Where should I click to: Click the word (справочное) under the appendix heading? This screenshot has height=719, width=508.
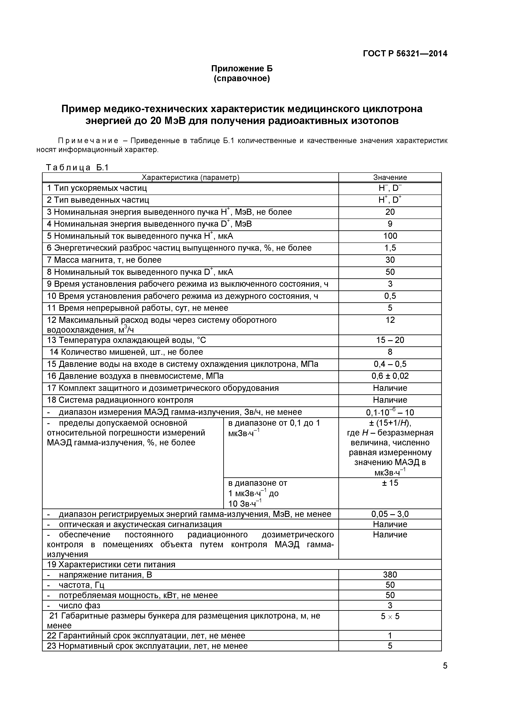(242, 78)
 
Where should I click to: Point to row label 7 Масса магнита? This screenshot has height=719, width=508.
(104, 260)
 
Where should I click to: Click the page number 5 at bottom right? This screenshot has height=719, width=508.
(445, 666)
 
